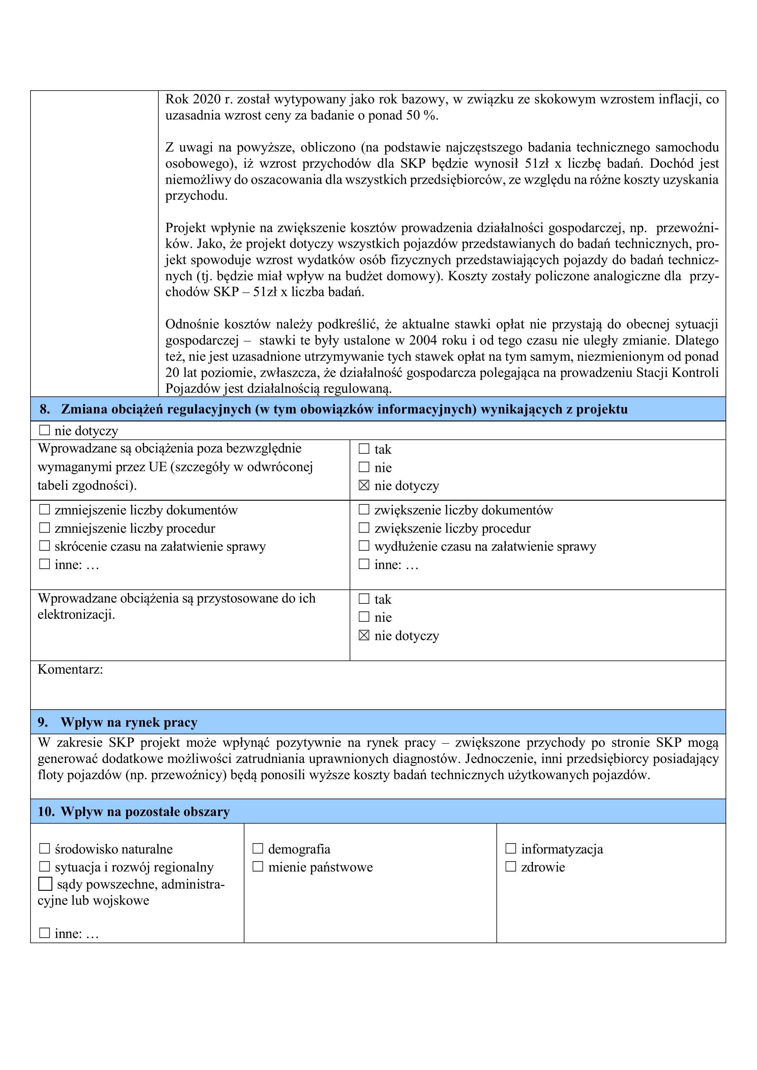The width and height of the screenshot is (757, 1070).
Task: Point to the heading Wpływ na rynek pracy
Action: click(129, 722)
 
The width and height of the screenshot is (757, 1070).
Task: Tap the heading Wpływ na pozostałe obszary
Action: click(145, 811)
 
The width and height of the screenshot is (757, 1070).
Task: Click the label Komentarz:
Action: click(70, 669)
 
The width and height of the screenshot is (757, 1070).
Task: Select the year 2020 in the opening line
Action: click(207, 99)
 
